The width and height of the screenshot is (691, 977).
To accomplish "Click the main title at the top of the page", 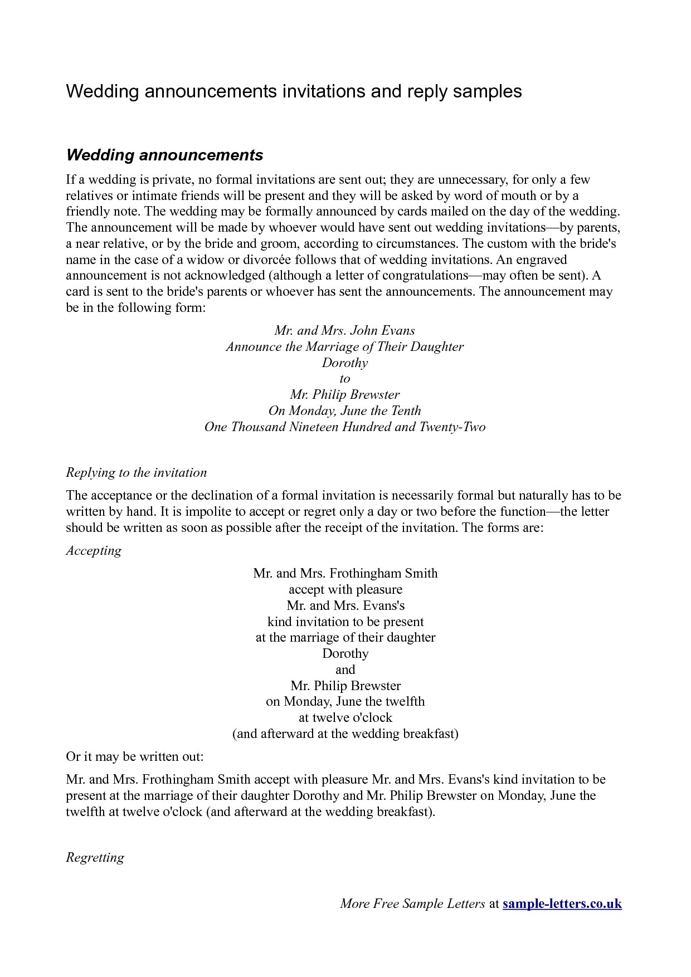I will (x=294, y=91).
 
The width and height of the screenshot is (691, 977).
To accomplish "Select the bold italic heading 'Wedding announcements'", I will (x=164, y=155).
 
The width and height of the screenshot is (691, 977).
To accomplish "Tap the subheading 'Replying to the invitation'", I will (x=137, y=473).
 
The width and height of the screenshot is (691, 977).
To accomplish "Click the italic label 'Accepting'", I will (x=94, y=551).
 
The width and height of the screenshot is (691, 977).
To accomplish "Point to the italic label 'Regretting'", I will (x=95, y=857).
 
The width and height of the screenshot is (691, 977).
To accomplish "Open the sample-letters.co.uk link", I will (x=562, y=904).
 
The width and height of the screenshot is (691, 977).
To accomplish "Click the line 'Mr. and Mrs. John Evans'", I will (x=345, y=330).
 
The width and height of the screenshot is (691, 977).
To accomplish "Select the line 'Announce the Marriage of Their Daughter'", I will (x=345, y=346).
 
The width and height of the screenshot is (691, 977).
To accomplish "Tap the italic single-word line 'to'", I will (x=345, y=379).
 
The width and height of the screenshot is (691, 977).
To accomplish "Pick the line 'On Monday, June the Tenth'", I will (x=345, y=411).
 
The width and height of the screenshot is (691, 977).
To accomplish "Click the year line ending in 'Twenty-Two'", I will (x=345, y=427).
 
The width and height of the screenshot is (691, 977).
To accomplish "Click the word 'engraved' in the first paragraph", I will (x=541, y=260).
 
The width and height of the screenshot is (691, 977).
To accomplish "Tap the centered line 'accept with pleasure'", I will (x=345, y=589).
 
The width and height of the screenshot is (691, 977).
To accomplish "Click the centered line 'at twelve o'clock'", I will (x=345, y=717).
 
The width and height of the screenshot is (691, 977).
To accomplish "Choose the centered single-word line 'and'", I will (x=345, y=670).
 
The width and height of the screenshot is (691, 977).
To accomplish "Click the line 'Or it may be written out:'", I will (x=135, y=757).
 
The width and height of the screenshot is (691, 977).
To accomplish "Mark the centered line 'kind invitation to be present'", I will (x=345, y=622).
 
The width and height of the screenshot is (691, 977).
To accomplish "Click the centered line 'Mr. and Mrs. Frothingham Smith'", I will (x=345, y=573).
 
